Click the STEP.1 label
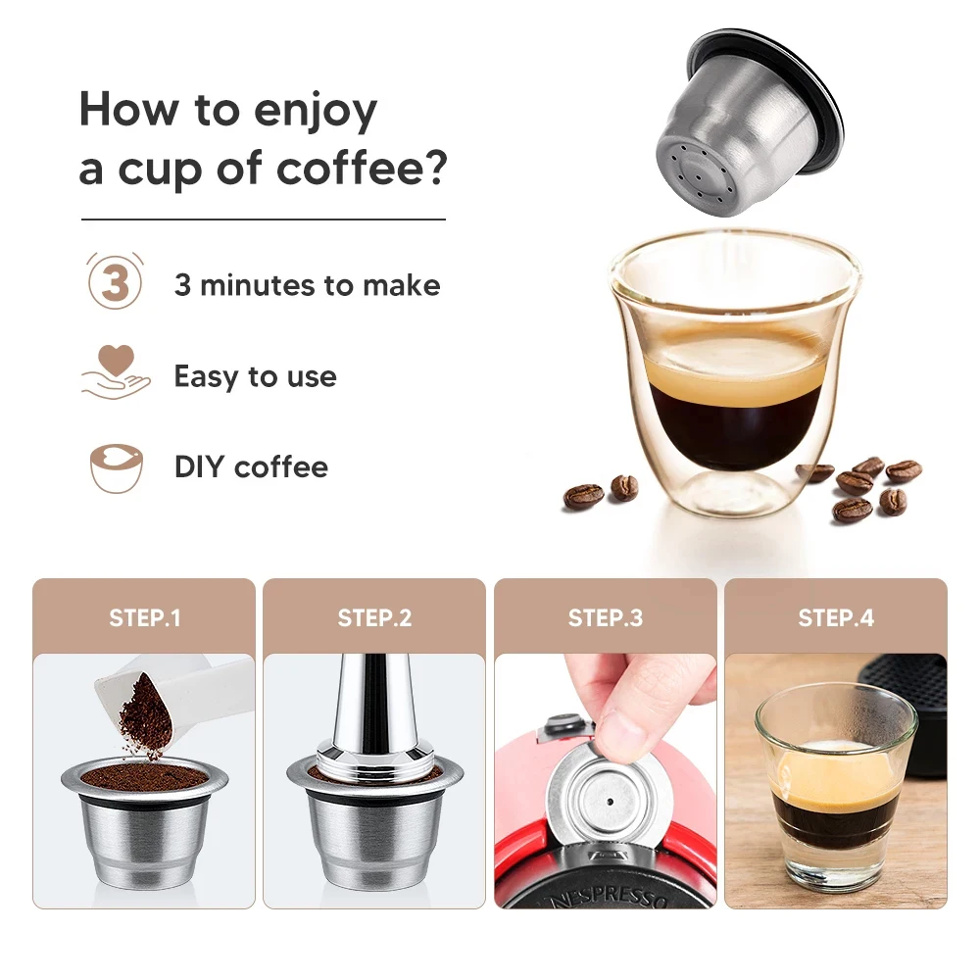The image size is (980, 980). pos(144,618)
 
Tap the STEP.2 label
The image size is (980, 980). pos(374,618)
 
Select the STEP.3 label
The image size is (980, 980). pos(605,618)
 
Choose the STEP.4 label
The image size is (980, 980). pos(836,618)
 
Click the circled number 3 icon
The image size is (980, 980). pos(115,283)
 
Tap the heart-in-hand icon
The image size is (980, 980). pos(115,373)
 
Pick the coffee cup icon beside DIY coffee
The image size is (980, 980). pos(116,467)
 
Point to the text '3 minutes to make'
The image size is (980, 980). pos(307,285)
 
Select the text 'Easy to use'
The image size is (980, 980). pos(255,376)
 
